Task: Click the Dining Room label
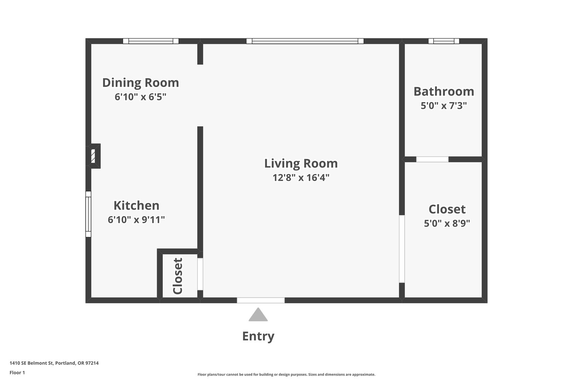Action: tap(140, 83)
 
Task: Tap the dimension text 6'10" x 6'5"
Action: tap(140, 97)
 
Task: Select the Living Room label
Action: tap(301, 163)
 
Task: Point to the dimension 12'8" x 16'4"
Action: tap(301, 178)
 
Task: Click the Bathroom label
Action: tap(444, 91)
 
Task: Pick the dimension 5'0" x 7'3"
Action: tap(444, 106)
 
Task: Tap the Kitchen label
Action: tap(136, 206)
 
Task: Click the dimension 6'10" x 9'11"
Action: tap(136, 220)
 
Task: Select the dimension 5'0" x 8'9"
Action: tap(447, 224)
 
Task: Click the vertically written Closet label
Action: tap(178, 276)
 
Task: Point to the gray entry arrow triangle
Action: tap(258, 314)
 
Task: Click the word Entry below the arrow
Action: tap(258, 336)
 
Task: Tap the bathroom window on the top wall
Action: tap(444, 41)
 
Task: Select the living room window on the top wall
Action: tap(305, 41)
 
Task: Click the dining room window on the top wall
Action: tap(151, 41)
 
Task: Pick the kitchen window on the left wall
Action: tap(88, 214)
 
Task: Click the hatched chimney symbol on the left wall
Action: tap(93, 156)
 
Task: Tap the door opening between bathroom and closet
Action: tap(432, 160)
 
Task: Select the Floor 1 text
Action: tap(17, 372)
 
